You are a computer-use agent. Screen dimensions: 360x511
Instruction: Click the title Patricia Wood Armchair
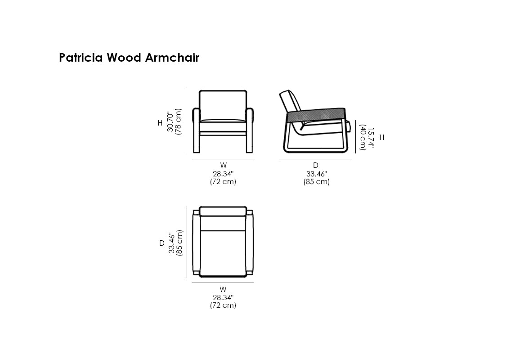129,58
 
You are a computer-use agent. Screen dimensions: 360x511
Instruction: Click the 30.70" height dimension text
170,121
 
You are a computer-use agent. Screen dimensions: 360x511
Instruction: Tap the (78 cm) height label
178,121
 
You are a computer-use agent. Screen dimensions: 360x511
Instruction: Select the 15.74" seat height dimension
370,137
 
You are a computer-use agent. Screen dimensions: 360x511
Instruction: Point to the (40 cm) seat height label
363,137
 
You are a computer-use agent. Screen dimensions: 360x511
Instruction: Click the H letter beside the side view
382,138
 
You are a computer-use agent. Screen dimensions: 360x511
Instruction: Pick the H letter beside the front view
160,123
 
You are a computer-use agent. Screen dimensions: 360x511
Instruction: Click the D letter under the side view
316,166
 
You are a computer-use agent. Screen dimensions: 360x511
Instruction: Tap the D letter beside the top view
162,243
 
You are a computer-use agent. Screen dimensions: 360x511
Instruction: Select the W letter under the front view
223,166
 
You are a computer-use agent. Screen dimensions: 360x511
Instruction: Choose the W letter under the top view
223,289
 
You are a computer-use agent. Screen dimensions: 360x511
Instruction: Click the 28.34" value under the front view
223,174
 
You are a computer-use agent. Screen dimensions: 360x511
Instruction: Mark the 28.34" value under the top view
223,297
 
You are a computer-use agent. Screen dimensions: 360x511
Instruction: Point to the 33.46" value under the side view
316,174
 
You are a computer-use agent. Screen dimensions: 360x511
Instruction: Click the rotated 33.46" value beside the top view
172,243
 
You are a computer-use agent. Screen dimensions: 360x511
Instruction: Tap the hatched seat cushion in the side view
318,115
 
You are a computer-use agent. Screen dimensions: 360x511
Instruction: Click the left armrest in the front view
196,115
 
